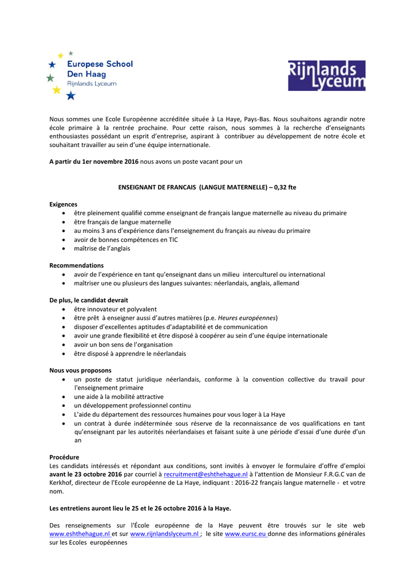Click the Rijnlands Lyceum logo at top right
[x=326, y=76]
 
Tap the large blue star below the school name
[x=70, y=96]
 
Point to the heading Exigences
[x=64, y=204]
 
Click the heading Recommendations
[x=77, y=266]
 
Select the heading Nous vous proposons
[x=80, y=370]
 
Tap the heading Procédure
[x=64, y=457]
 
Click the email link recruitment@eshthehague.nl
[x=205, y=474]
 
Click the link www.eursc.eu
[x=246, y=533]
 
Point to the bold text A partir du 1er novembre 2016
[x=94, y=161]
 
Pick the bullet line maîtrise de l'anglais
[x=102, y=248]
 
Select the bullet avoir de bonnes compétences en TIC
[x=126, y=239]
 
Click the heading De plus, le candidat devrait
[x=89, y=300]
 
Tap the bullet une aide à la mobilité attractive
[x=118, y=397]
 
